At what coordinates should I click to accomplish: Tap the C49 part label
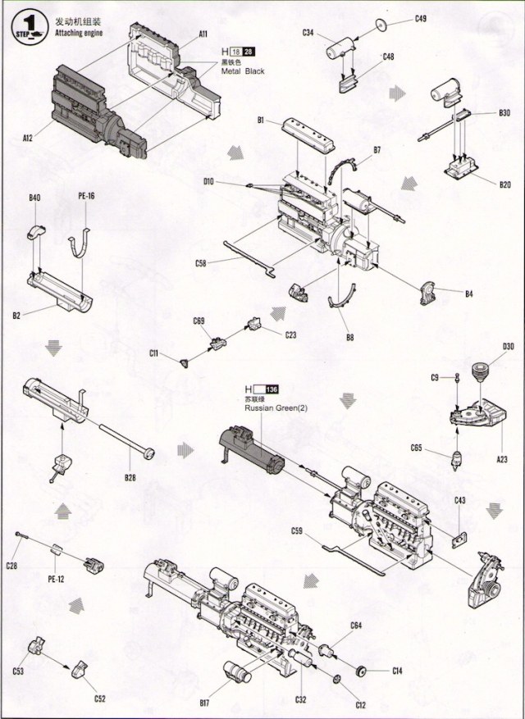(420, 17)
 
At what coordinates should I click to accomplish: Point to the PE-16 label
(85, 197)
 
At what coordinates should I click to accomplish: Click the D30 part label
(509, 347)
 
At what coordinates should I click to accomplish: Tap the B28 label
(130, 477)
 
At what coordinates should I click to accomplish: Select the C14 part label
(397, 671)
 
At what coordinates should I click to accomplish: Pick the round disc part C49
(382, 25)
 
